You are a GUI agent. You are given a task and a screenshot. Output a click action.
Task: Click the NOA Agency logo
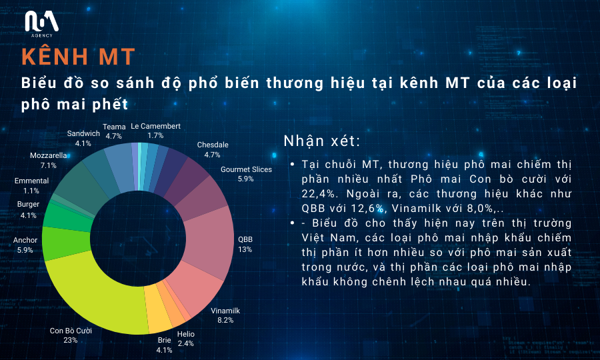42,24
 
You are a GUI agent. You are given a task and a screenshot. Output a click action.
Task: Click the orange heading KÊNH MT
79,57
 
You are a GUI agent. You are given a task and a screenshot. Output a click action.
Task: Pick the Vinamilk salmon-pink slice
195,287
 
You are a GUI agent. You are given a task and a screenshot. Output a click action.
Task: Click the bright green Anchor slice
65,244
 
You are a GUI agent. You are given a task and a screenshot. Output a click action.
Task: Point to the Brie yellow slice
157,309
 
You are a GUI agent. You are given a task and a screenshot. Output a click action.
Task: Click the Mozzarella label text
49,156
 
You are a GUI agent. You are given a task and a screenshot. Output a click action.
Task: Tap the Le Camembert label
156,126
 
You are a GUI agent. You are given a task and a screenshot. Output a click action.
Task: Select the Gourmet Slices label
247,169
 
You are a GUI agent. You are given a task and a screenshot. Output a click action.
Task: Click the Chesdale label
213,145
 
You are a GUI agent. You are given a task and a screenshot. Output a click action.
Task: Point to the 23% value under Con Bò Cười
71,340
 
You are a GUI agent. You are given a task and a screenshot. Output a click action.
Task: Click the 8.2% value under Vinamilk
225,320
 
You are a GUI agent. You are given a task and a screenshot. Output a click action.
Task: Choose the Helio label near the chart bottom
186,334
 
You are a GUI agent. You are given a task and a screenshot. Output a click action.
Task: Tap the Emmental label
32,181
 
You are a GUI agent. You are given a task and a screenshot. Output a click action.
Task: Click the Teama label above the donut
114,127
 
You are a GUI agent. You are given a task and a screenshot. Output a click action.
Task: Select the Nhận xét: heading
322,141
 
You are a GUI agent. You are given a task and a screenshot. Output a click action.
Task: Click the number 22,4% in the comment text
319,194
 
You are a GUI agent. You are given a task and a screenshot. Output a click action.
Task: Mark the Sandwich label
83,133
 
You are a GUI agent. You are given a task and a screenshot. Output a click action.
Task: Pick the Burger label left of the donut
28,204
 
